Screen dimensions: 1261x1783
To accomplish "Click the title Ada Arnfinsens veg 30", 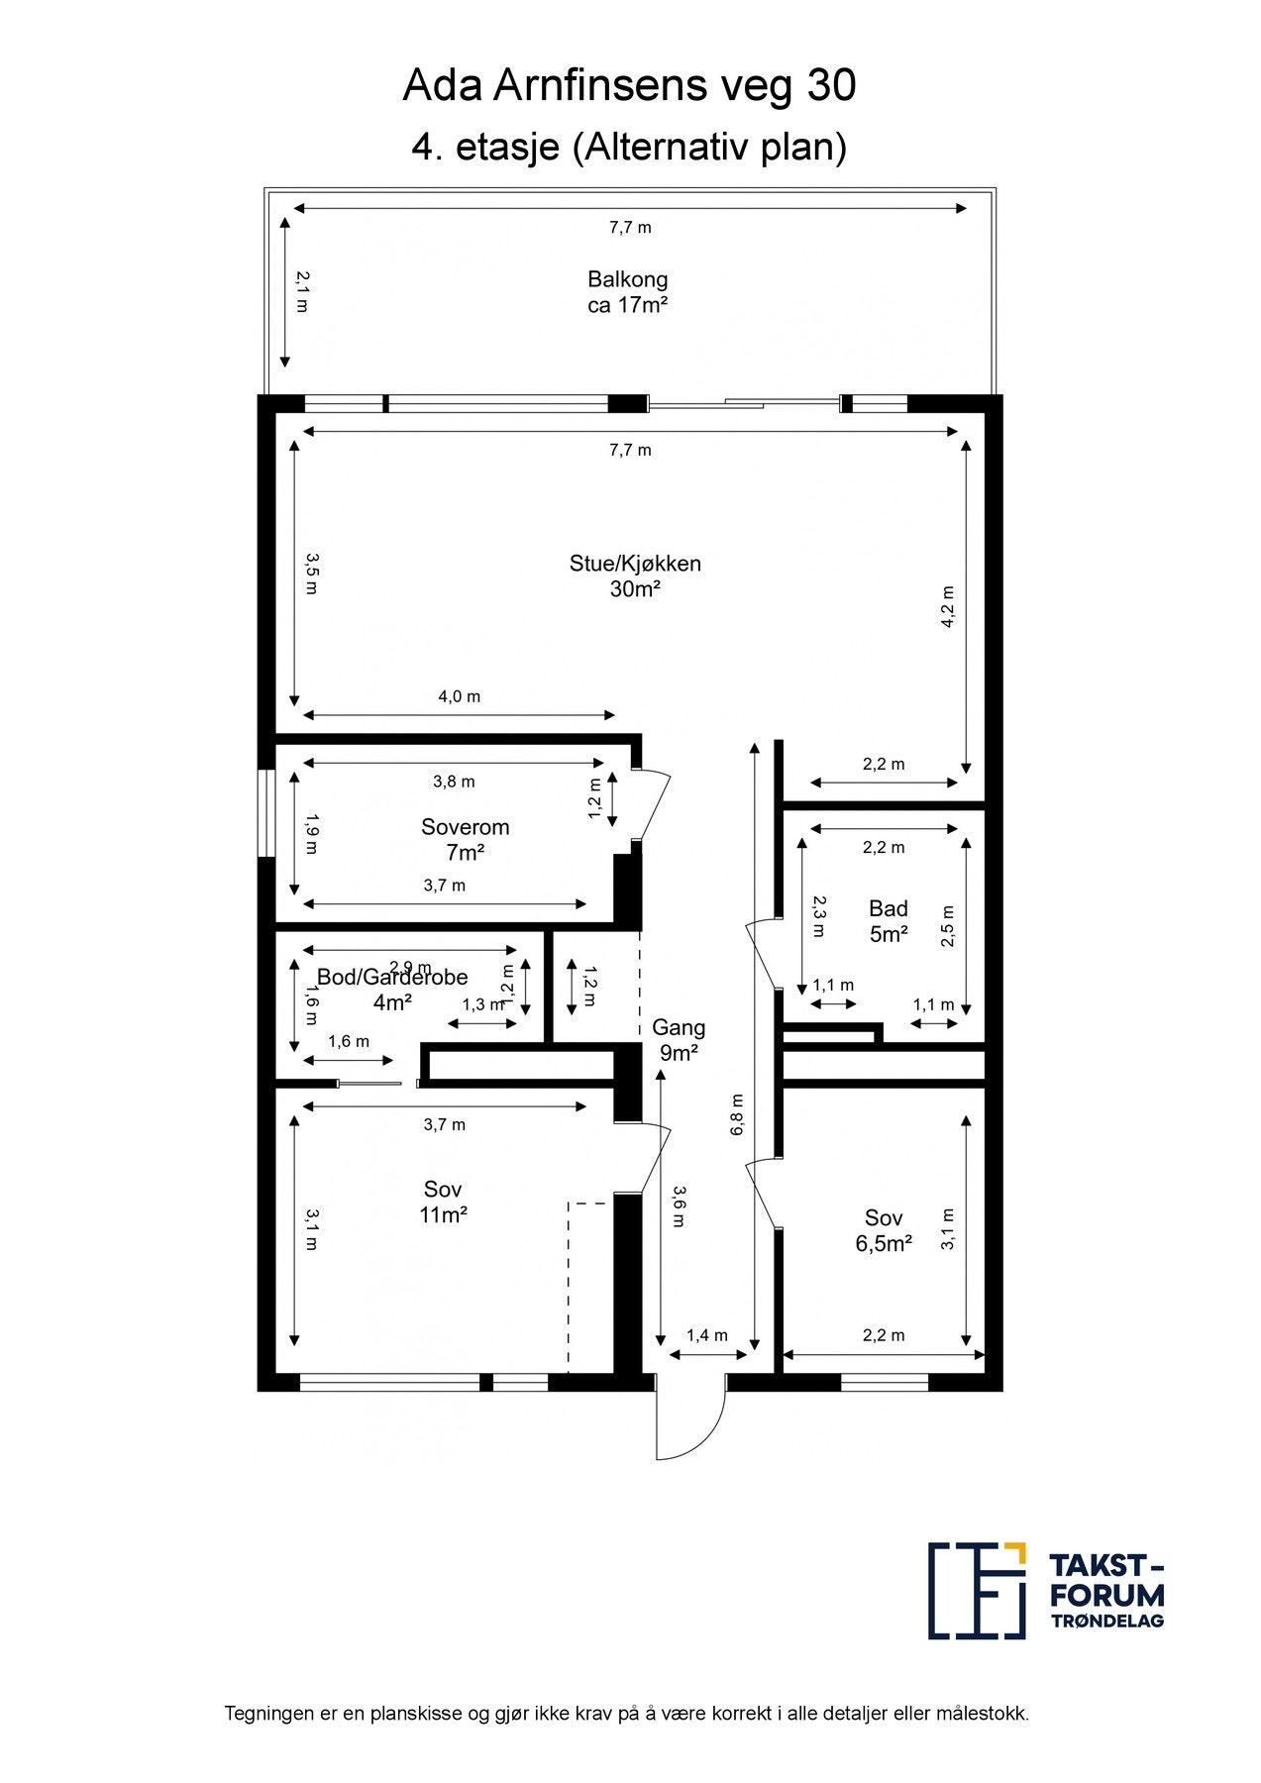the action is click(x=629, y=87).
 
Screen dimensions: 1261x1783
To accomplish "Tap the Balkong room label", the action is click(x=628, y=292).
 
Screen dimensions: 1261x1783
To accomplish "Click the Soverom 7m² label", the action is click(x=466, y=839).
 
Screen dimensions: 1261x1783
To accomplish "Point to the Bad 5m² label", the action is click(x=889, y=921).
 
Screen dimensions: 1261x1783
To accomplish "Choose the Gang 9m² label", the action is click(x=679, y=1040).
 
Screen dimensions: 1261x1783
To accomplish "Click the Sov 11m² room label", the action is click(x=443, y=1202).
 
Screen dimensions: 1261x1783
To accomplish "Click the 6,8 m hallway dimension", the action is click(x=738, y=1114).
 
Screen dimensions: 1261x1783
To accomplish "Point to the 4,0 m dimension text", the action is click(x=460, y=696).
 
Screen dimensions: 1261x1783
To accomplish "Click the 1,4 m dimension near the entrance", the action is click(x=707, y=1335).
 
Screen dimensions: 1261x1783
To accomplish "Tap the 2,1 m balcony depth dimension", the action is click(x=302, y=292).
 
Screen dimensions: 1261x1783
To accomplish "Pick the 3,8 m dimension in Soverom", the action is click(x=454, y=782).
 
